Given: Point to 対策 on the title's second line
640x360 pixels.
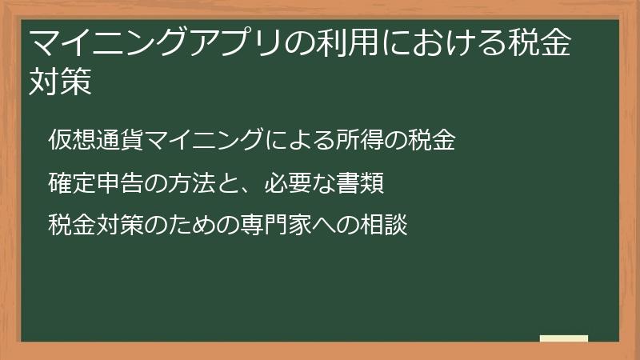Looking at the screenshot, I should [x=60, y=82].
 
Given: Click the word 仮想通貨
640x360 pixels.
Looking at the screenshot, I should [x=94, y=141].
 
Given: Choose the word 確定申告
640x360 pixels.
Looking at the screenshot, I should [x=94, y=183].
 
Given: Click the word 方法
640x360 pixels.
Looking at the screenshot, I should [x=186, y=183].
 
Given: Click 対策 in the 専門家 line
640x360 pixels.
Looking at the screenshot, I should [x=117, y=225].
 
